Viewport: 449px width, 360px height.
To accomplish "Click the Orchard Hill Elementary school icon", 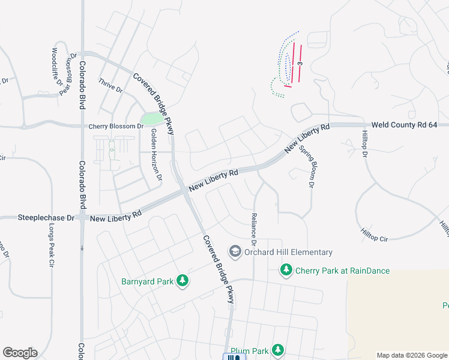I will pos(236,251).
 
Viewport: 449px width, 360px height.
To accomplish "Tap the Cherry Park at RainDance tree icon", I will pos(287,271).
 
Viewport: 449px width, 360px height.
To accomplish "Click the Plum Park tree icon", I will pos(277,349).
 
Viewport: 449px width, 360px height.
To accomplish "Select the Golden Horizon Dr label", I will pos(156,154).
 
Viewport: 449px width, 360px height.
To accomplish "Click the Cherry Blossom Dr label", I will pos(116,127).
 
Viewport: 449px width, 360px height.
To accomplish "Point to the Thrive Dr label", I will pos(110,85).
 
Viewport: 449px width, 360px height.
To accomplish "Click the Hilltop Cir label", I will pos(375,235).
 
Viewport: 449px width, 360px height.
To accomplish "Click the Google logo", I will pos(20,353).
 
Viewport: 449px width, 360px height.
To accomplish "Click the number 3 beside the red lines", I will pos(299,62).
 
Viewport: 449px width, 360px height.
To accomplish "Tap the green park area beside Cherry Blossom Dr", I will pos(155,119).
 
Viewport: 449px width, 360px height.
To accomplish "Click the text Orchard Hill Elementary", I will pos(288,253).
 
